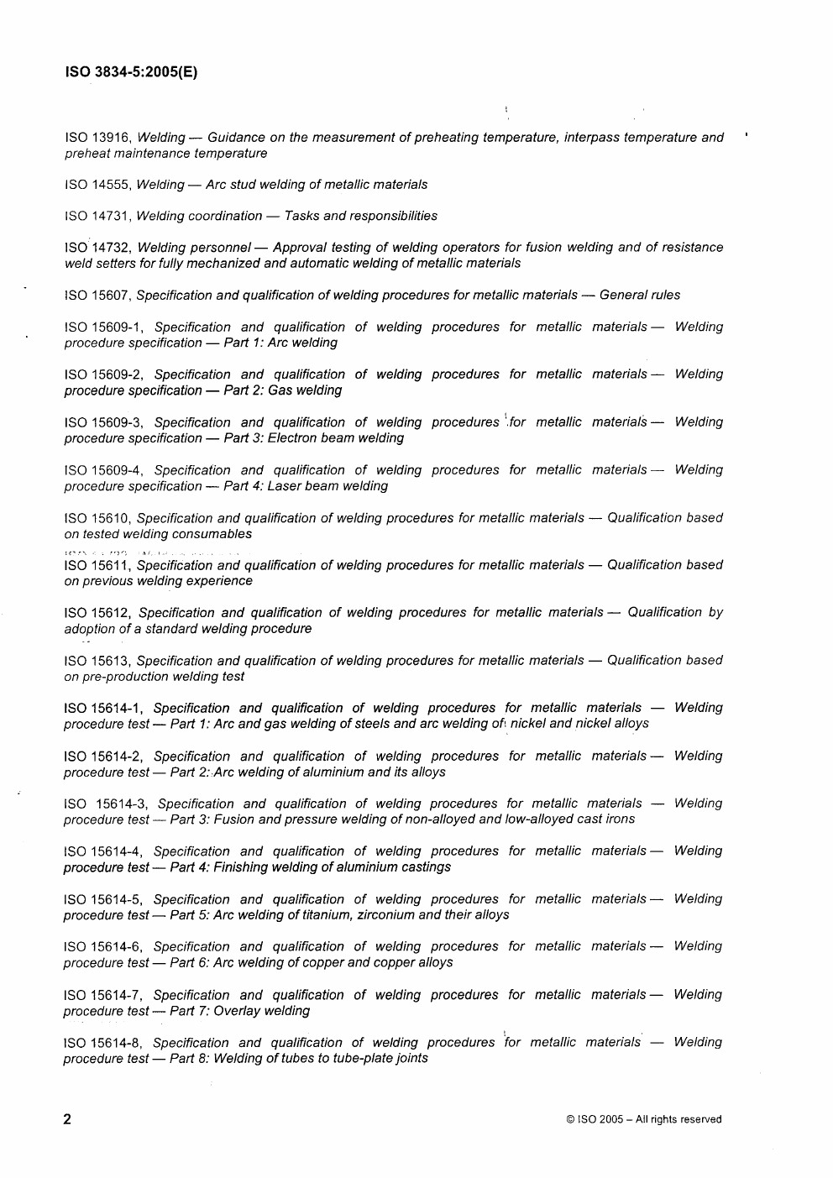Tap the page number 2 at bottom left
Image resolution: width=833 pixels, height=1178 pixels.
coord(67,1118)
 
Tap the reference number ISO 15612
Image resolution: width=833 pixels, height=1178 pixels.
coord(97,613)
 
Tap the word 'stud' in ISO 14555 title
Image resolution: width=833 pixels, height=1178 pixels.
coord(244,185)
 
